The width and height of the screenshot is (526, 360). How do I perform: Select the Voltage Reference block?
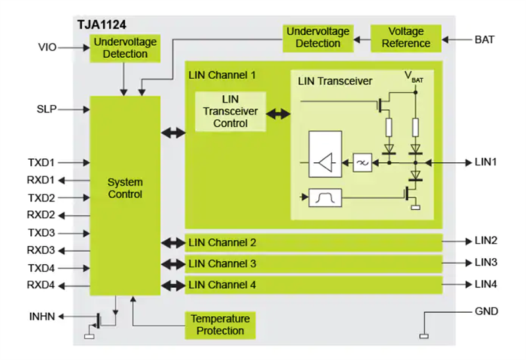[x=406, y=37]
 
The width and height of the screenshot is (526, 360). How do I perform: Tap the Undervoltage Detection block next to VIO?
[x=125, y=48]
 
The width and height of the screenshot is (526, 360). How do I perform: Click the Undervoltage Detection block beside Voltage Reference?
[x=318, y=37]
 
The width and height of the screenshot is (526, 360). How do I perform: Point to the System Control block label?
[x=125, y=188]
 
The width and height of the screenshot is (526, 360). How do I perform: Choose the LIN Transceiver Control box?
[x=230, y=112]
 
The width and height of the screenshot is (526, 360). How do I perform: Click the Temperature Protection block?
[x=220, y=325]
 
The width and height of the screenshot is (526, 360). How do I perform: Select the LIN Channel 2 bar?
[x=313, y=242]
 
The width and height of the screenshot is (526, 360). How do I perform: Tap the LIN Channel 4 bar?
[x=313, y=284]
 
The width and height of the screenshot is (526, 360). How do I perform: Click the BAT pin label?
[x=485, y=39]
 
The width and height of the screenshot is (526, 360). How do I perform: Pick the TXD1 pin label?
[x=41, y=162]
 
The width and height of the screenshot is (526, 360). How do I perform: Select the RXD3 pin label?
[x=41, y=250]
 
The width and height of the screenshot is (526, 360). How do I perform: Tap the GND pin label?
[x=486, y=311]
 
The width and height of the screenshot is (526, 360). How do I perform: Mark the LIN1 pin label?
[x=486, y=162]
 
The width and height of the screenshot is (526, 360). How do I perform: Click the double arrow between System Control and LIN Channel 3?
[x=174, y=263]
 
